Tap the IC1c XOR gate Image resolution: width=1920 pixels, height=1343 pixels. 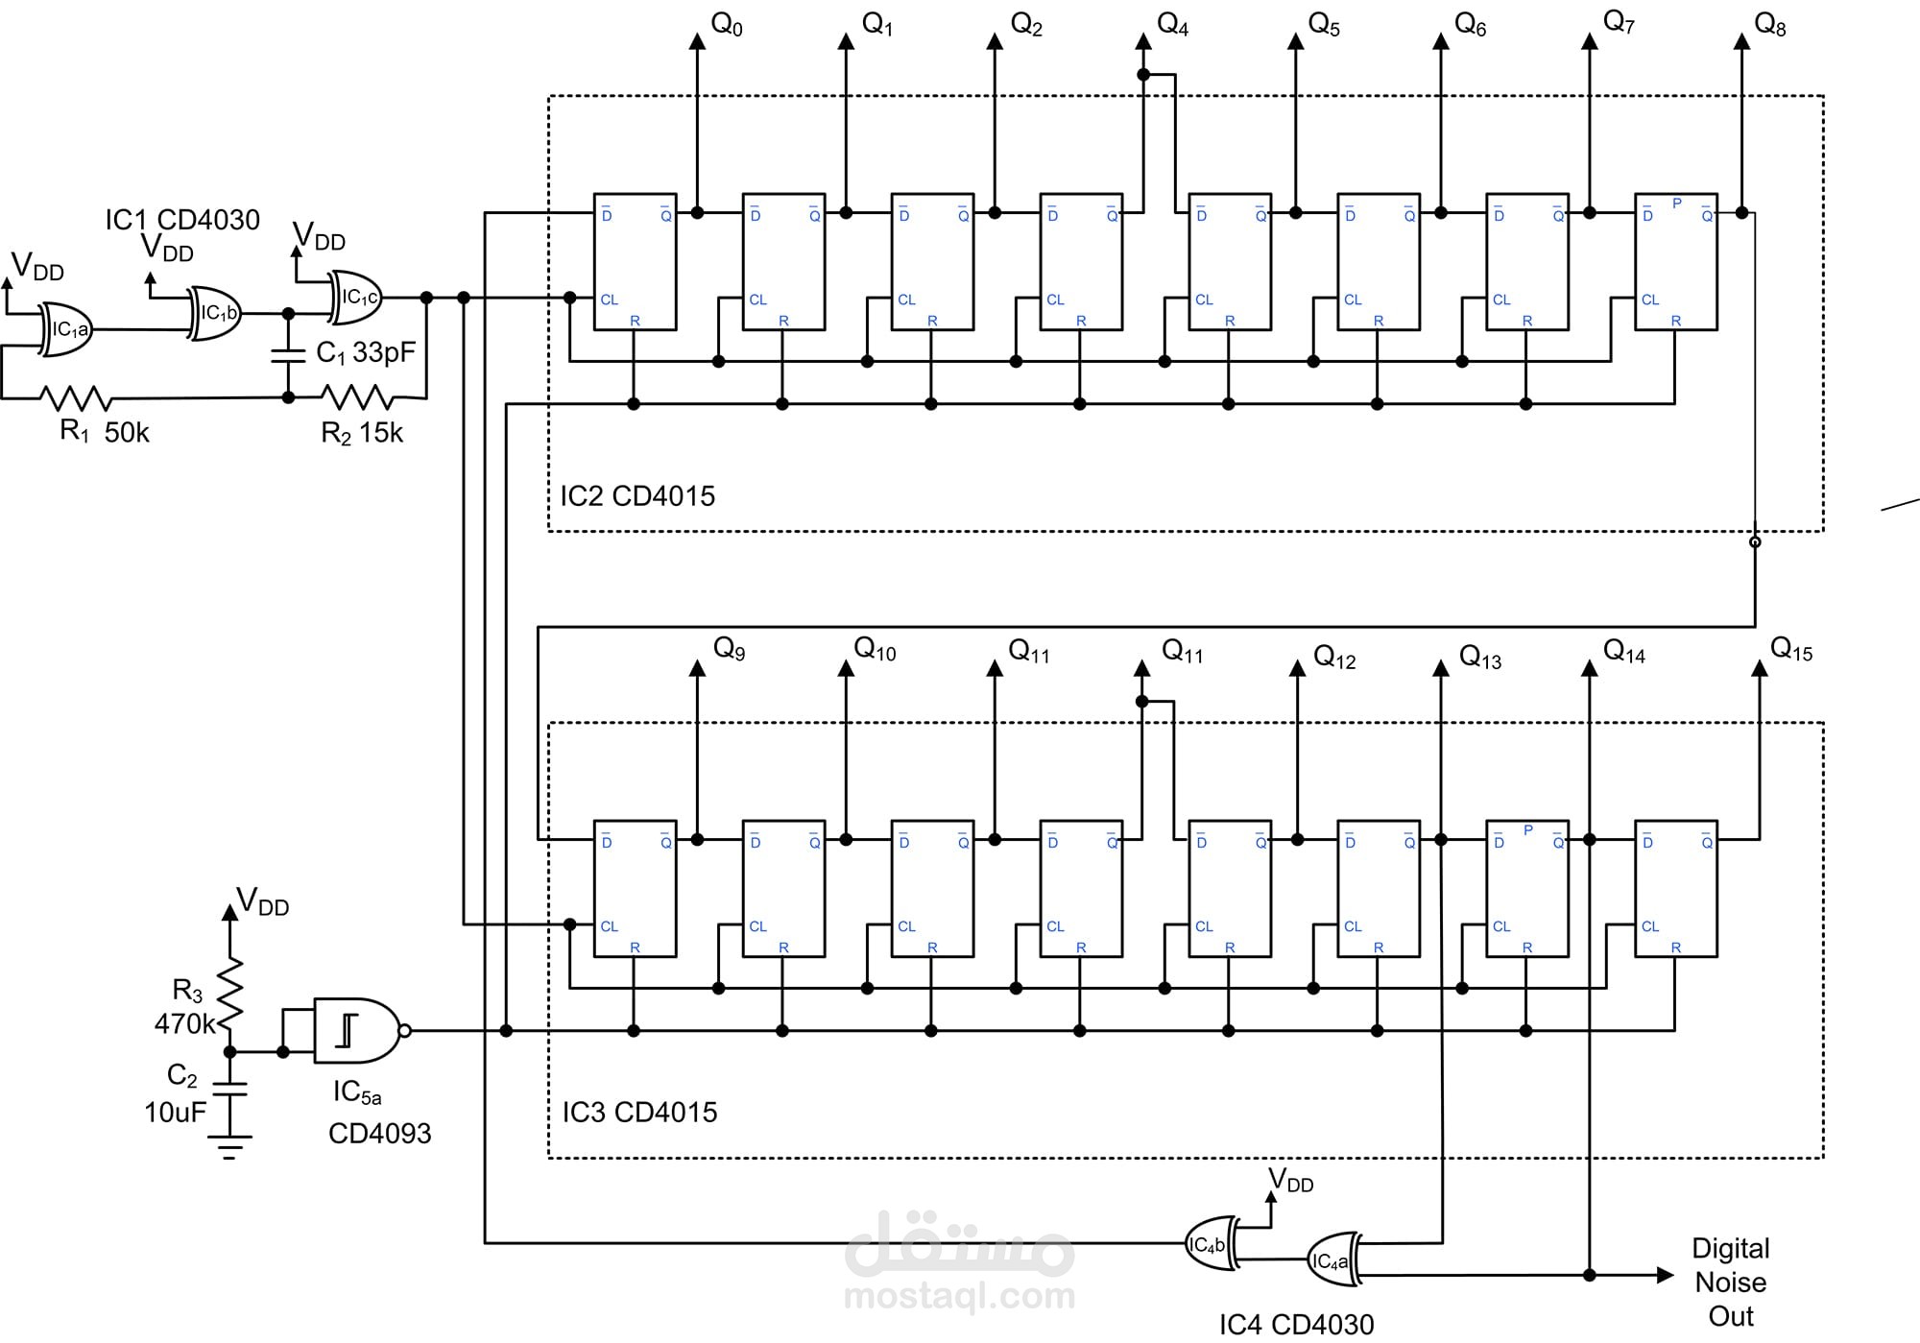coord(356,298)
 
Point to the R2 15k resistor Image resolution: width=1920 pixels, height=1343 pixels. coord(356,396)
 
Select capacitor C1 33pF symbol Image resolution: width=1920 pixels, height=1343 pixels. coord(287,356)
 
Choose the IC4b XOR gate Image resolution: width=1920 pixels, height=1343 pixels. coord(1210,1244)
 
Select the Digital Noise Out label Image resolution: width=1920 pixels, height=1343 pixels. coord(1730,1282)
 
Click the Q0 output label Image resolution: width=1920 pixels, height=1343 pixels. coord(727,25)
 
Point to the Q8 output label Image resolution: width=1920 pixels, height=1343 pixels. coord(1769,25)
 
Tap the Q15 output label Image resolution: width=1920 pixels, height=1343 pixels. coord(1790,650)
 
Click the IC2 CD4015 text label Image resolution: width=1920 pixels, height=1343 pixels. coord(637,496)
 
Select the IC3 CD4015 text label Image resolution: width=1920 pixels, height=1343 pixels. coord(639,1112)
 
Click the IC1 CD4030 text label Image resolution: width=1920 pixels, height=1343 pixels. coord(182,220)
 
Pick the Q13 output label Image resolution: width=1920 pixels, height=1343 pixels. coord(1479,658)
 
